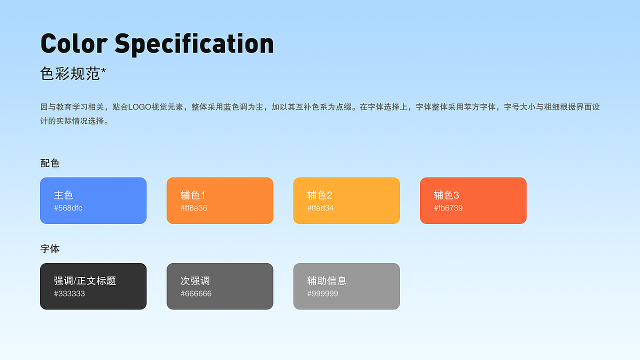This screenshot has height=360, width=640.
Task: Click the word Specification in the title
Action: [x=194, y=44]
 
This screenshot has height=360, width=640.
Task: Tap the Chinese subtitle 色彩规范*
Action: [x=73, y=74]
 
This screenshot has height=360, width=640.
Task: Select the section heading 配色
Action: [x=50, y=163]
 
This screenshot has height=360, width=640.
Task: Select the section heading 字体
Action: [x=50, y=248]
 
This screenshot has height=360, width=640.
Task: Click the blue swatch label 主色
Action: [x=63, y=195]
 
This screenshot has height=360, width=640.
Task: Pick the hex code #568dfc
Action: [x=68, y=208]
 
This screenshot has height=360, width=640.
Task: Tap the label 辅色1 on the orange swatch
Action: [x=193, y=195]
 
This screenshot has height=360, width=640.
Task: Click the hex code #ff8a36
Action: [x=194, y=208]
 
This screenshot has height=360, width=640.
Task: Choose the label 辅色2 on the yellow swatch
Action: [x=320, y=195]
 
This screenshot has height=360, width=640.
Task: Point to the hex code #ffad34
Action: [x=320, y=208]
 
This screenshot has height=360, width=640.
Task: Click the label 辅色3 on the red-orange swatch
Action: [x=446, y=195]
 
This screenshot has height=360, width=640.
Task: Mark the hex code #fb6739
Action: [x=448, y=208]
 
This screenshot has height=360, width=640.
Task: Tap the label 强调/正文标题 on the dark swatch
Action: [x=85, y=280]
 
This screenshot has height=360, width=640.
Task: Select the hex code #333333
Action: [x=69, y=293]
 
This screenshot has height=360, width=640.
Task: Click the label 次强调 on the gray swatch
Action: [x=195, y=280]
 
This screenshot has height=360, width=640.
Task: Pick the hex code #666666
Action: [x=196, y=293]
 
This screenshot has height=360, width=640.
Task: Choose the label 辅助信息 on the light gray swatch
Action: [x=327, y=280]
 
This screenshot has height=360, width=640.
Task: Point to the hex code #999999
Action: [x=322, y=293]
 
